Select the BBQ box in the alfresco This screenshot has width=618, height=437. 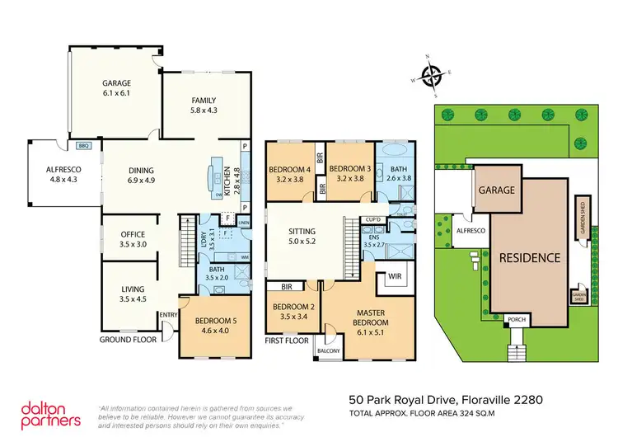pyautogui.click(x=82, y=145)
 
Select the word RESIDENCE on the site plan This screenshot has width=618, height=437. pyautogui.click(x=529, y=257)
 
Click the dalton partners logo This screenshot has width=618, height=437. pyautogui.click(x=49, y=413)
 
